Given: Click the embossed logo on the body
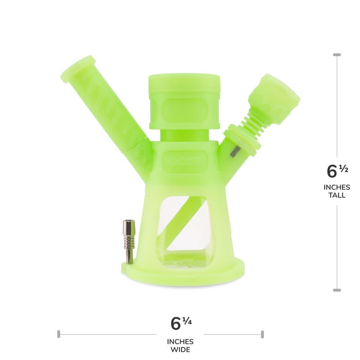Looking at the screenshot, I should click(x=185, y=157).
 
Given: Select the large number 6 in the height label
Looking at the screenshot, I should click(x=332, y=171).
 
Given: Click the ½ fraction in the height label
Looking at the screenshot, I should click(x=343, y=168).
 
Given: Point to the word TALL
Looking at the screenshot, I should click(x=337, y=195).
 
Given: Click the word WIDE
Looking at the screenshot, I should click(x=180, y=350).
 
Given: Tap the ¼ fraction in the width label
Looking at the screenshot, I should click(x=187, y=320).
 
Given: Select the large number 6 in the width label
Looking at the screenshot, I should click(x=175, y=323).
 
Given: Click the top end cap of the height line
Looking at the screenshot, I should click(x=337, y=55).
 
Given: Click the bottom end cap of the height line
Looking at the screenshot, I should click(x=337, y=290).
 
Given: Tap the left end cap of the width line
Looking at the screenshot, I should click(x=58, y=334).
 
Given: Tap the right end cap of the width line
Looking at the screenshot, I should click(x=262, y=334).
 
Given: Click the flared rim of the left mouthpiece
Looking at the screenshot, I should click(x=78, y=69).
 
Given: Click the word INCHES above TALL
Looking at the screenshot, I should click(x=337, y=187).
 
